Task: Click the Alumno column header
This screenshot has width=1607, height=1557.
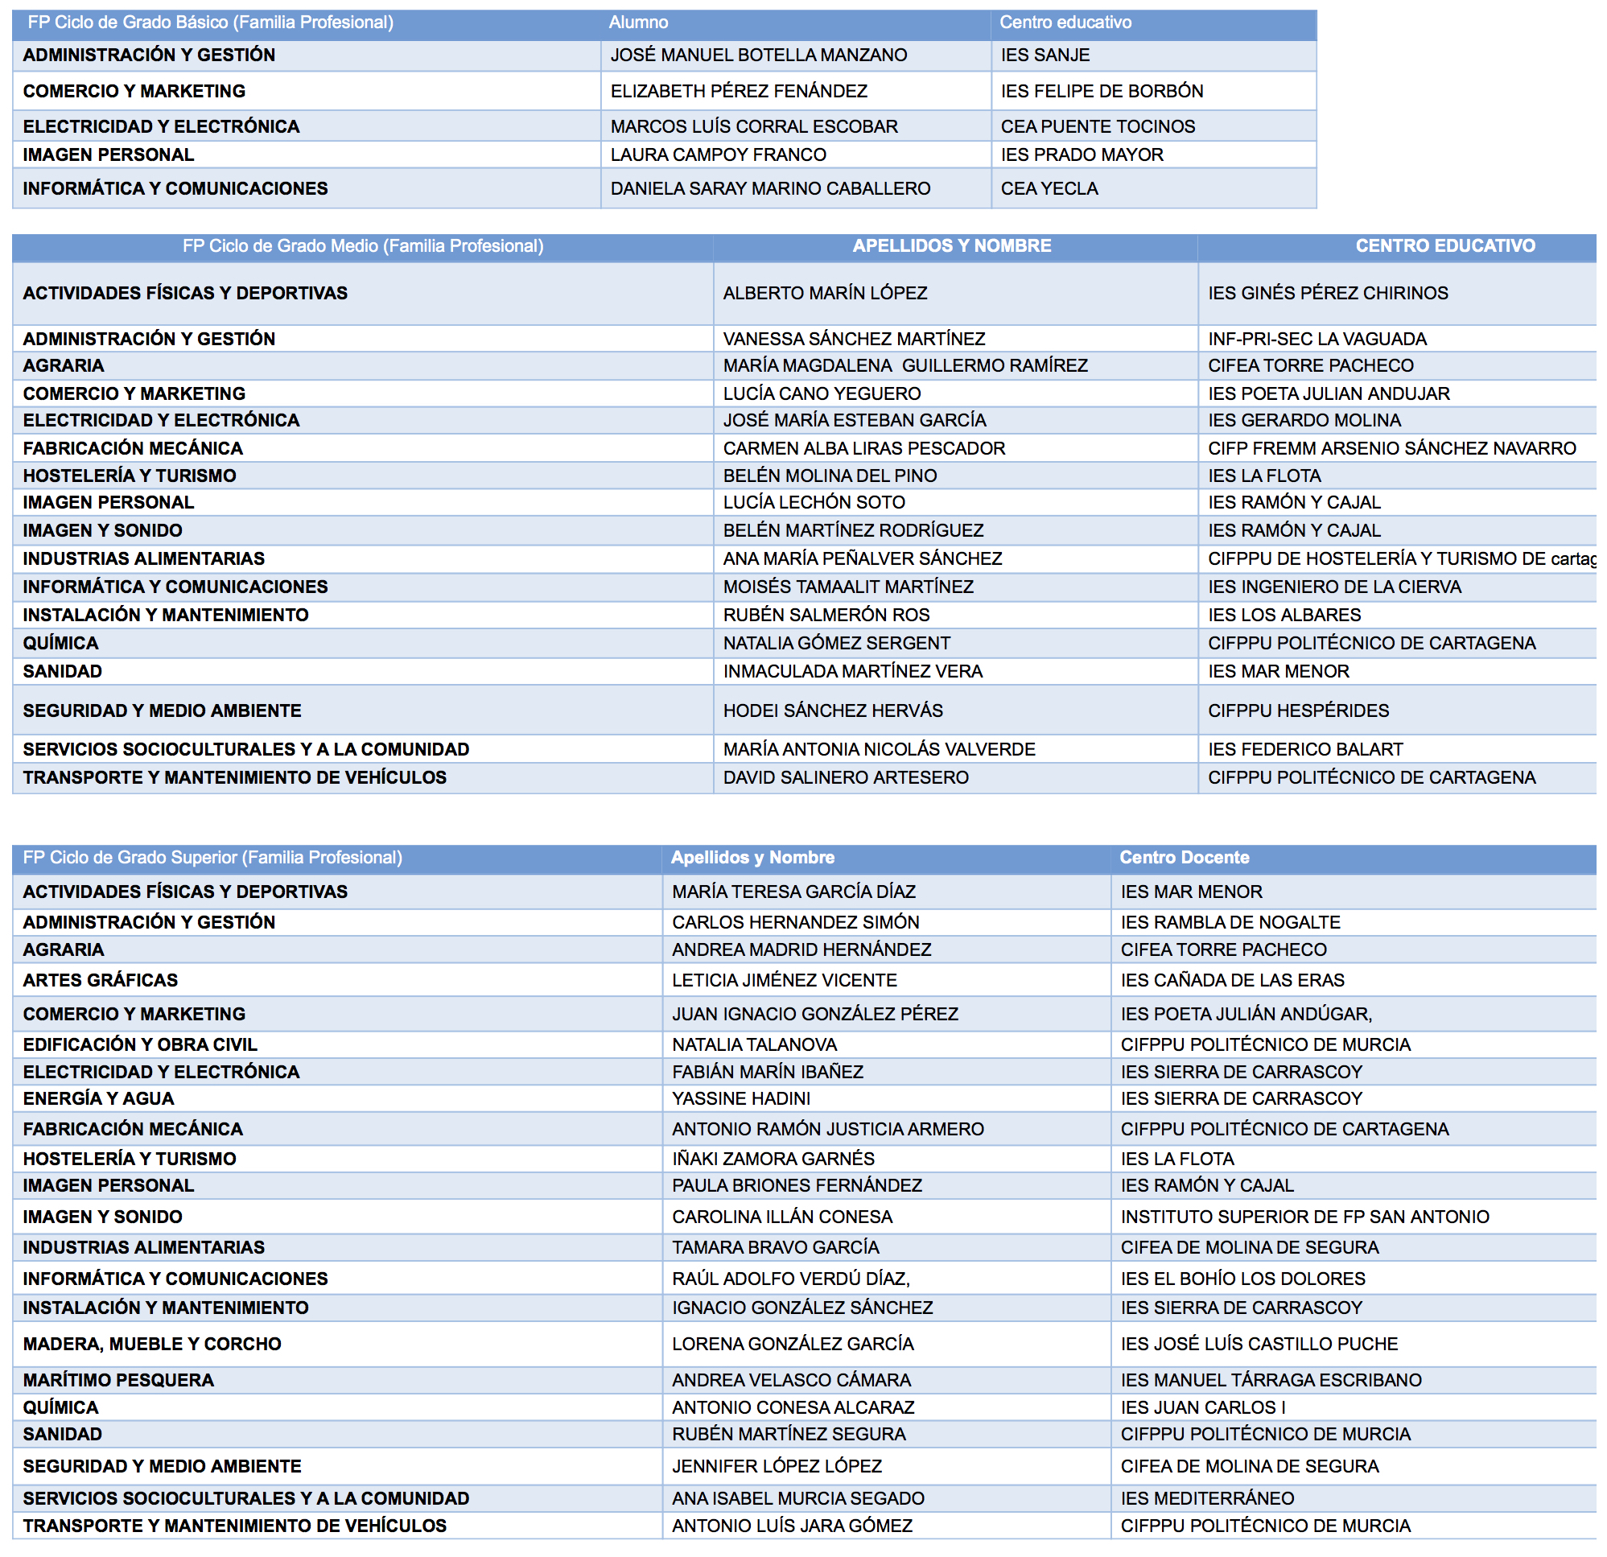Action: [638, 23]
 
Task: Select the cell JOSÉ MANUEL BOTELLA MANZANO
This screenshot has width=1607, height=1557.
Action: [758, 55]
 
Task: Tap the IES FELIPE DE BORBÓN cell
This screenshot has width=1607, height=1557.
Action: [1101, 91]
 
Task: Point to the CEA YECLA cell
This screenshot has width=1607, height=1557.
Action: [1049, 188]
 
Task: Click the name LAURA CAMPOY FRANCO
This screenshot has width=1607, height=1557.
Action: [719, 155]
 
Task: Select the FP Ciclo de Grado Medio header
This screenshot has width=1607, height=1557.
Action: [362, 246]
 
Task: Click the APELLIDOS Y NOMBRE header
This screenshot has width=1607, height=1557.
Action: [951, 246]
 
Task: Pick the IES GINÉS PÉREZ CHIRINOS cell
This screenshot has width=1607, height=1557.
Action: [1328, 294]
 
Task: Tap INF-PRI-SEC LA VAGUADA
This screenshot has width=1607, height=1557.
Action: [1317, 339]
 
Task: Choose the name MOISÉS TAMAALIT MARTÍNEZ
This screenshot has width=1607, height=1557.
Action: [848, 587]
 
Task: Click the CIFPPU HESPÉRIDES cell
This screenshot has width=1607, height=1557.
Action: [1298, 711]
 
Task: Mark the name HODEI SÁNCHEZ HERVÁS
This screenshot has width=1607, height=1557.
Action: [832, 711]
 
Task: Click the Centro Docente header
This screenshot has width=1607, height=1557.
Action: [1184, 858]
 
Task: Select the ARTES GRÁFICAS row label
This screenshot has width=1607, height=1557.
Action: [100, 981]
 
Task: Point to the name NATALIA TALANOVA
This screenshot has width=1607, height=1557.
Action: [754, 1044]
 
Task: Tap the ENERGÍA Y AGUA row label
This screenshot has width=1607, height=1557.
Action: [98, 1098]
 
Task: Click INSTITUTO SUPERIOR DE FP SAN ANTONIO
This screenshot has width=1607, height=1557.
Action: [1304, 1217]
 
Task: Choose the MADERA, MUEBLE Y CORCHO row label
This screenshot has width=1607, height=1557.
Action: [151, 1344]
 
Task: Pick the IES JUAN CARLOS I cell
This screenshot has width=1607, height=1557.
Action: [1203, 1408]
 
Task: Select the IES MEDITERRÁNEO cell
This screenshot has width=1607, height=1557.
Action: [1207, 1499]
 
